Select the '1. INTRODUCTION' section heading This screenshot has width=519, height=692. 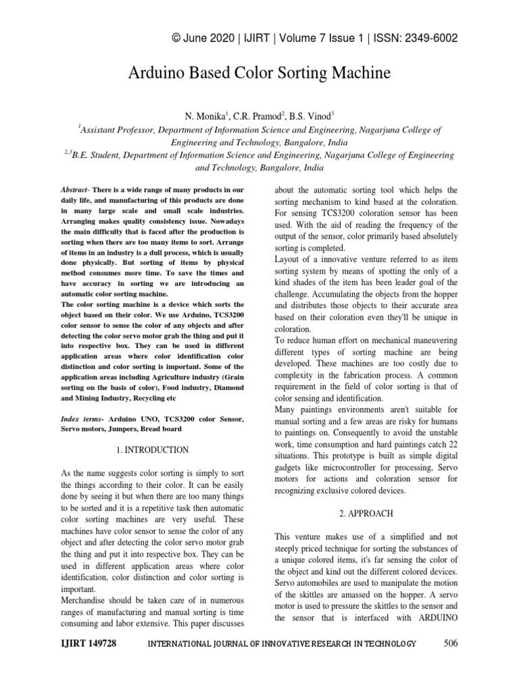[152, 449]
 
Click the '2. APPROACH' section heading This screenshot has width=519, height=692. [366, 514]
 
